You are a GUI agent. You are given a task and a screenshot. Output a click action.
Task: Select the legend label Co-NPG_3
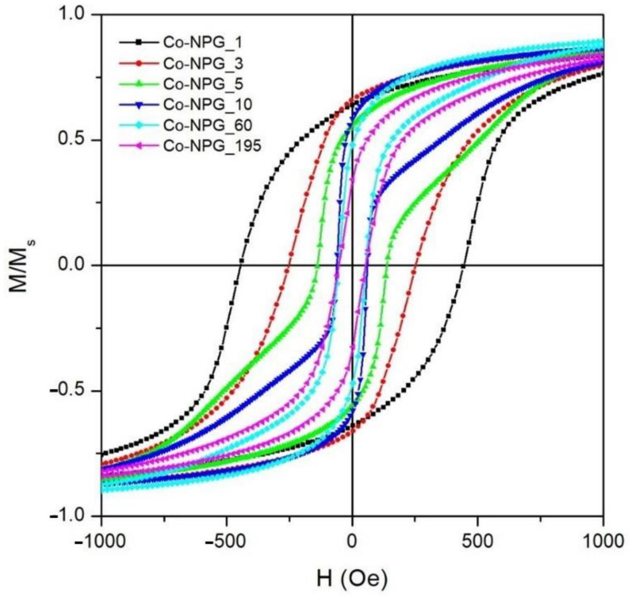click(x=203, y=63)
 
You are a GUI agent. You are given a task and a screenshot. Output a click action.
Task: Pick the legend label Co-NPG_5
click(x=203, y=84)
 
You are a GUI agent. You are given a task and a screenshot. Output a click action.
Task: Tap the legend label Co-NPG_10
click(x=208, y=104)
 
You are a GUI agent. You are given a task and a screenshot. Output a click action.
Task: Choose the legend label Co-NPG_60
click(x=208, y=125)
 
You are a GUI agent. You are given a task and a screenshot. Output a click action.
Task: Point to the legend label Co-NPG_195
click(x=212, y=146)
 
